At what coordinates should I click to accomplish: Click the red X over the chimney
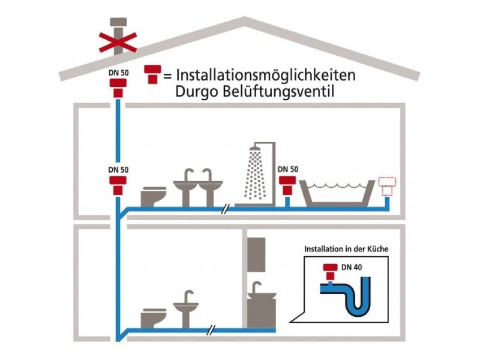[118, 41]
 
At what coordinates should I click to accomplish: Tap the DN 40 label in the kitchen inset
[353, 266]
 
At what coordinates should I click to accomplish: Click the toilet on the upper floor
[154, 196]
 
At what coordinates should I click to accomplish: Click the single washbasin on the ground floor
[186, 309]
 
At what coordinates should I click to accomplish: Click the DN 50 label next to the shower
[288, 169]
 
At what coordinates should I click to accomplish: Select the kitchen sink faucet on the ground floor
[259, 286]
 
